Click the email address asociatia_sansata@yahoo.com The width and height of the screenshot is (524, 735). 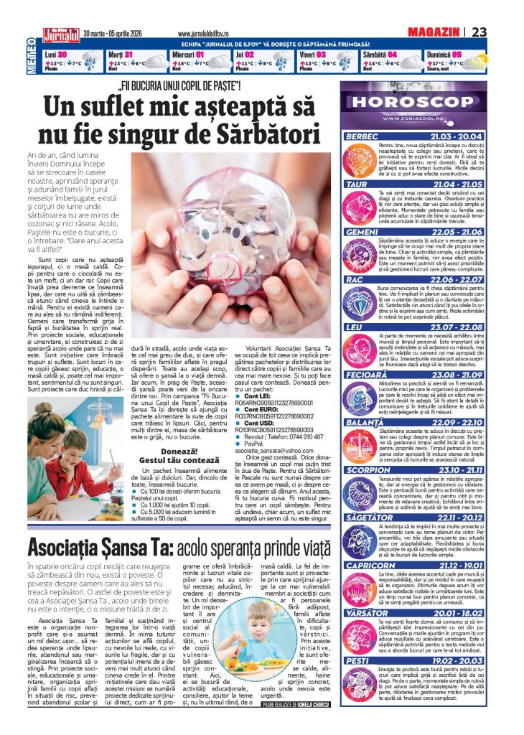(x=282, y=449)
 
